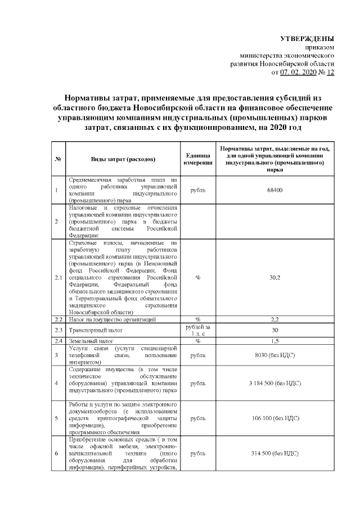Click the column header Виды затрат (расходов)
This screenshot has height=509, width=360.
tap(123, 159)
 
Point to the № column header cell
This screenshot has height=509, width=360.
tap(58, 159)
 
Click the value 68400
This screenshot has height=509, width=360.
tap(275, 190)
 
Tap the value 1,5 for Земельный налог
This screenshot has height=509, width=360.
tap(275, 341)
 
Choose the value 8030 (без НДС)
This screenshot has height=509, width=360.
tap(275, 355)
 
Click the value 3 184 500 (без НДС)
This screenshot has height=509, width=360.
tap(275, 383)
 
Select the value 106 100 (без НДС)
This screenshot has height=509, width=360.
tap(275, 418)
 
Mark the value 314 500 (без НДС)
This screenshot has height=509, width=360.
tap(275, 453)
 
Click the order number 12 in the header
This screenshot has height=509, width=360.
tap(330, 73)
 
